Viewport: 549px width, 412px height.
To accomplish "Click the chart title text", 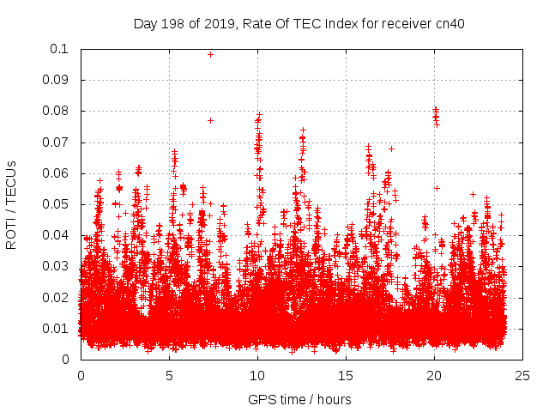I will coord(299,23).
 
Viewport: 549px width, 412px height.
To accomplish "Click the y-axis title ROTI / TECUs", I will coord(12,204).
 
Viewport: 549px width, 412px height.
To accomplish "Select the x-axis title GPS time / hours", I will coord(299,399).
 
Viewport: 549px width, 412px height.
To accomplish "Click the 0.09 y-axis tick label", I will coord(57,80).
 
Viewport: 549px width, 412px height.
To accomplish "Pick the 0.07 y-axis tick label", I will coord(57,142).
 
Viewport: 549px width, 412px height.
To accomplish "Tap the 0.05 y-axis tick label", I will coord(57,204).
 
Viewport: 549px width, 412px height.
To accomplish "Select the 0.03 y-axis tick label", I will coord(57,266).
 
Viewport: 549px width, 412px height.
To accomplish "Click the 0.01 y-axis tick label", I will coord(57,328).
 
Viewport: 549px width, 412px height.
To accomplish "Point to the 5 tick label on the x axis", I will coord(169,375).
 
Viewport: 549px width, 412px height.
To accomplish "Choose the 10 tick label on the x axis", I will coord(257,375).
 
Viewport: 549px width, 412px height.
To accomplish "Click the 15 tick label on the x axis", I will coord(346,375).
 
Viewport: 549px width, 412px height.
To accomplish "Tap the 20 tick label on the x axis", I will coord(434,375).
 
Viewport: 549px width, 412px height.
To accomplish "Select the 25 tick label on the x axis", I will coord(522,375).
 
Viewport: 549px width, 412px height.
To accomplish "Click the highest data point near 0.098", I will coord(210,54).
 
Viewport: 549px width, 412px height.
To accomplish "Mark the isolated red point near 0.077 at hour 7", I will coord(210,120).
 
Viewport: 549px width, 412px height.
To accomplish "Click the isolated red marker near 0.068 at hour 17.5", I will coord(391,148).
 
